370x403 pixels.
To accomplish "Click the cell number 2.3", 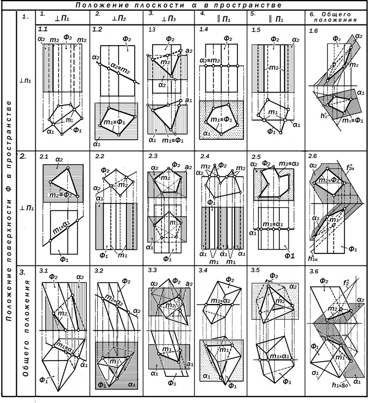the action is (x=154, y=157).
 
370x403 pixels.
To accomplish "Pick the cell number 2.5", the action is (x=258, y=157).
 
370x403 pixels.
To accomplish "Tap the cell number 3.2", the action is (x=99, y=270).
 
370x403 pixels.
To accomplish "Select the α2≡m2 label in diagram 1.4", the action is (x=212, y=60).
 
